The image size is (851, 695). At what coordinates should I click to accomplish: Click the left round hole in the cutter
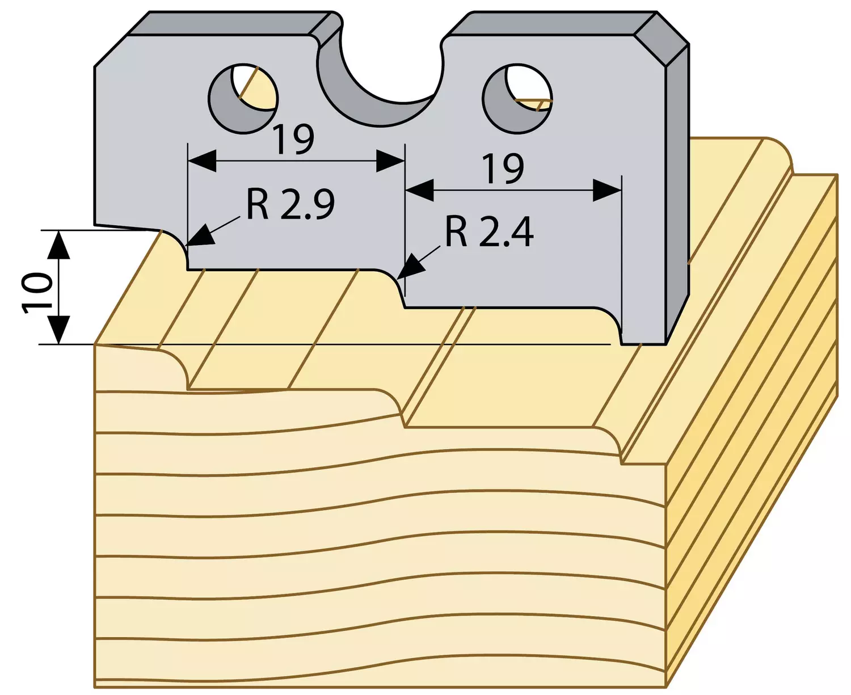tap(243, 98)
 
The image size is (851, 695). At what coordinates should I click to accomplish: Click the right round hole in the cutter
tap(517, 98)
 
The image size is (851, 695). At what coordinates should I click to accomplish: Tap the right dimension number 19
tap(504, 169)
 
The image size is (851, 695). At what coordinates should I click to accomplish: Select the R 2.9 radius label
tap(290, 204)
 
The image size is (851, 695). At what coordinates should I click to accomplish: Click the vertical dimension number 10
tap(37, 292)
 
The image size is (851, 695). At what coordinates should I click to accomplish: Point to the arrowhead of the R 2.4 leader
tap(411, 267)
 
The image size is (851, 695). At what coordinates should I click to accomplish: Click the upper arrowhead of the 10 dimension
tap(60, 244)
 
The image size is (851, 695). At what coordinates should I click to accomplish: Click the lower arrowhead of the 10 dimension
tap(60, 330)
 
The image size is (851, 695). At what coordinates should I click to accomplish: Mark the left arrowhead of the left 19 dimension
tap(202, 161)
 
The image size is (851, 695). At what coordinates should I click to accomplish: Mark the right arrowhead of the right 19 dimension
tap(607, 190)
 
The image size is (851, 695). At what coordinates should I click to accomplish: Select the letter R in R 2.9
tap(257, 204)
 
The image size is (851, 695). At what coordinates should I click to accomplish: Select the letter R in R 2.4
tap(456, 232)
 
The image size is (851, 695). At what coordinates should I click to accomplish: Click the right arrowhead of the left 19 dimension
tap(390, 161)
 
